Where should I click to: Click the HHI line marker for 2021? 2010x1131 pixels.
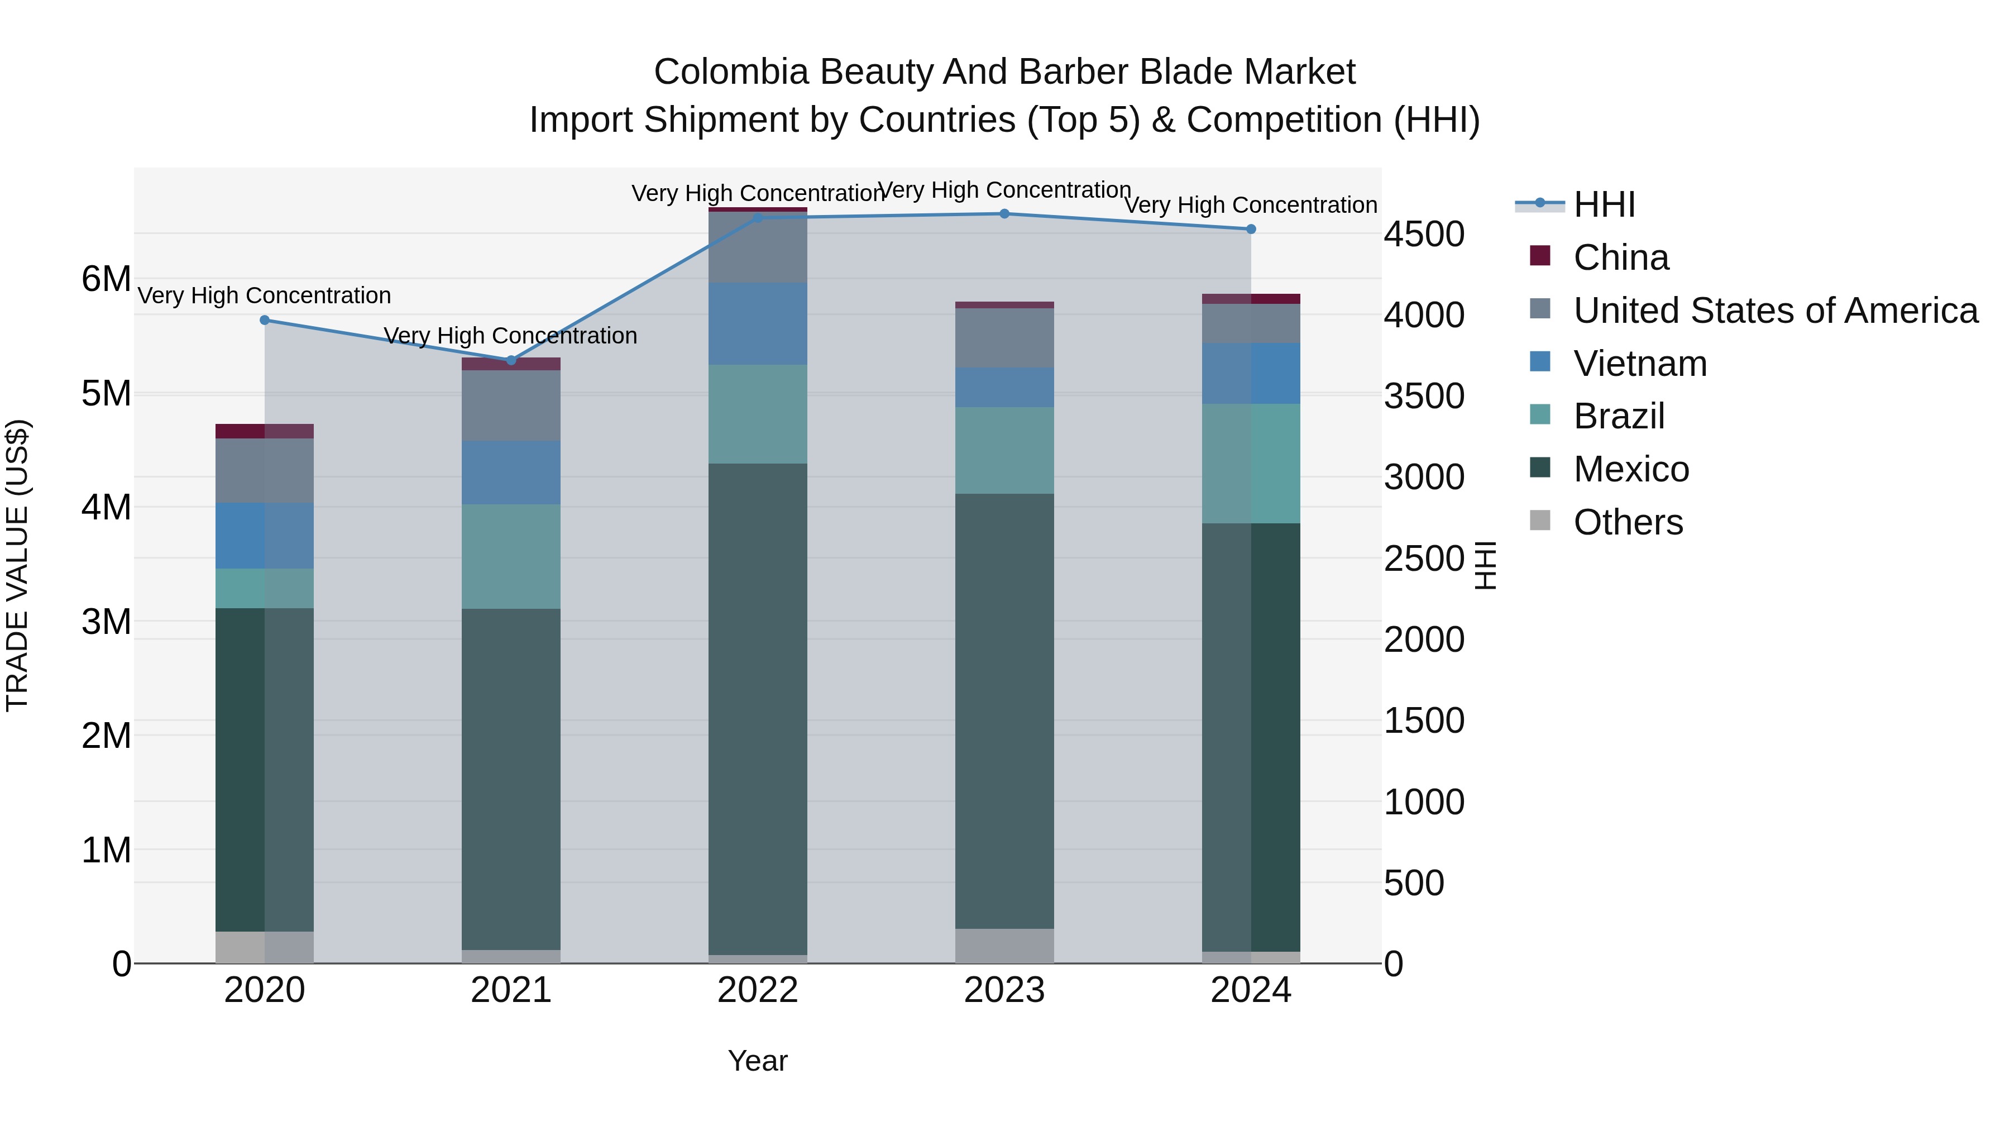coord(511,360)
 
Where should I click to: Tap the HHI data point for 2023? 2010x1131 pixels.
coord(1004,214)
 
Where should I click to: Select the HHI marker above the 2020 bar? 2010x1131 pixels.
coord(265,320)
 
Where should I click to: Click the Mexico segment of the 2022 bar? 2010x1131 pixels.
coord(758,709)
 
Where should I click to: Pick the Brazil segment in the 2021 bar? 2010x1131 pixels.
coord(511,556)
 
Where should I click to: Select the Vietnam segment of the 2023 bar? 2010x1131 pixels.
coord(1004,387)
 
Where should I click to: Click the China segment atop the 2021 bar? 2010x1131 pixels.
coord(511,364)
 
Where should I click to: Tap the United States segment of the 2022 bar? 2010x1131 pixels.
coord(758,247)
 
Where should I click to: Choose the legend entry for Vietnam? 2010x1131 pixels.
coord(1639,364)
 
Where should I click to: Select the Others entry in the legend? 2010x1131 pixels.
coord(1628,522)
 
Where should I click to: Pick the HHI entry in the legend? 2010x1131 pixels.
coord(1604,204)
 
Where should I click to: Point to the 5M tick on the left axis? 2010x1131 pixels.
coord(106,393)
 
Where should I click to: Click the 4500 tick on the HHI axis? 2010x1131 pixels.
coord(1424,234)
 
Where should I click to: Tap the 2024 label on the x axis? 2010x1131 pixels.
coord(1251,990)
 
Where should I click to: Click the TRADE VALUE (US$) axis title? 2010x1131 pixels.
coord(17,565)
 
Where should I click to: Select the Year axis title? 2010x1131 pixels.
coord(758,1061)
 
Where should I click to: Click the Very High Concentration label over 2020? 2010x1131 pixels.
coord(265,296)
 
